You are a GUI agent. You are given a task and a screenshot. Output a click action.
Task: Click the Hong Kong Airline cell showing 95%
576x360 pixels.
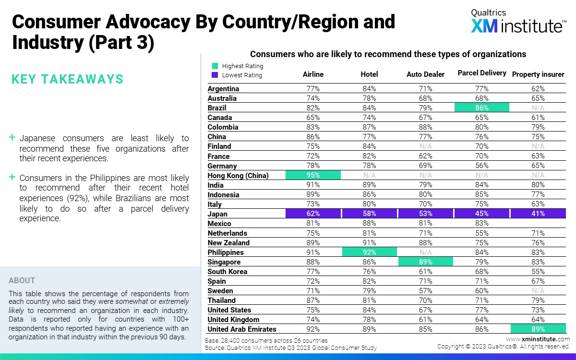tap(313, 175)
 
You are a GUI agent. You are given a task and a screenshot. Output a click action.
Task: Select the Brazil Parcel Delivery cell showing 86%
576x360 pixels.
tap(481, 108)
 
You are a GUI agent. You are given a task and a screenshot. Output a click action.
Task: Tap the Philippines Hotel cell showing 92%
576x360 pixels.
tap(369, 252)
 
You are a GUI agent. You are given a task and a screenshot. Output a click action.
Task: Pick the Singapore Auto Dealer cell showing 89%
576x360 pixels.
tap(425, 262)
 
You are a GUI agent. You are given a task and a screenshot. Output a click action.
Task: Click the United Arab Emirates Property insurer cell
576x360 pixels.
tap(538, 329)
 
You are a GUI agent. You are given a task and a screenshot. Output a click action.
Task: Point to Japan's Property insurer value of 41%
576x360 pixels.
tap(538, 214)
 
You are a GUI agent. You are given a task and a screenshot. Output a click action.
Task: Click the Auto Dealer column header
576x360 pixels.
tap(425, 74)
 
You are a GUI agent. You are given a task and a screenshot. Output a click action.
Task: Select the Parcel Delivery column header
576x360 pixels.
tap(481, 73)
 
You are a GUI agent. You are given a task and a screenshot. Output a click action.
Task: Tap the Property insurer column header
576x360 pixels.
tap(538, 74)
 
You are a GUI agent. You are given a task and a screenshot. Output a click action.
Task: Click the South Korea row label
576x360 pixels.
tap(228, 272)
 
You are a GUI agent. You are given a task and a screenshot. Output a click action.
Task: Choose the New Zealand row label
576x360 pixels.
tap(228, 243)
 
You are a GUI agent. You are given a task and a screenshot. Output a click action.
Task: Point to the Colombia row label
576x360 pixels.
tap(223, 127)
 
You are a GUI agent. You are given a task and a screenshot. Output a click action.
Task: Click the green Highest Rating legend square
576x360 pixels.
tap(215, 66)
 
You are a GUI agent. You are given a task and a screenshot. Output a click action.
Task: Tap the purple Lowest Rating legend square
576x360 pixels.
tap(215, 75)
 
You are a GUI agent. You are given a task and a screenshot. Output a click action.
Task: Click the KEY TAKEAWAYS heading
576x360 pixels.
tap(67, 79)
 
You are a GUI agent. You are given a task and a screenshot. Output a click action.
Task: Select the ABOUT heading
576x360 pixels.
tap(22, 280)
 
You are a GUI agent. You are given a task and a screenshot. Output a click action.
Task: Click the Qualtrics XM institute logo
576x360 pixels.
tap(517, 22)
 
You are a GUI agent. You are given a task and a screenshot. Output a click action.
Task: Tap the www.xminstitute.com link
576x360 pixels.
tap(538, 339)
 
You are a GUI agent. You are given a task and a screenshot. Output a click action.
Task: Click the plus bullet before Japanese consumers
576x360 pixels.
tap(12, 138)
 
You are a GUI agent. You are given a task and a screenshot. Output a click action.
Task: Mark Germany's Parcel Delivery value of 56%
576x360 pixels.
tap(481, 166)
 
